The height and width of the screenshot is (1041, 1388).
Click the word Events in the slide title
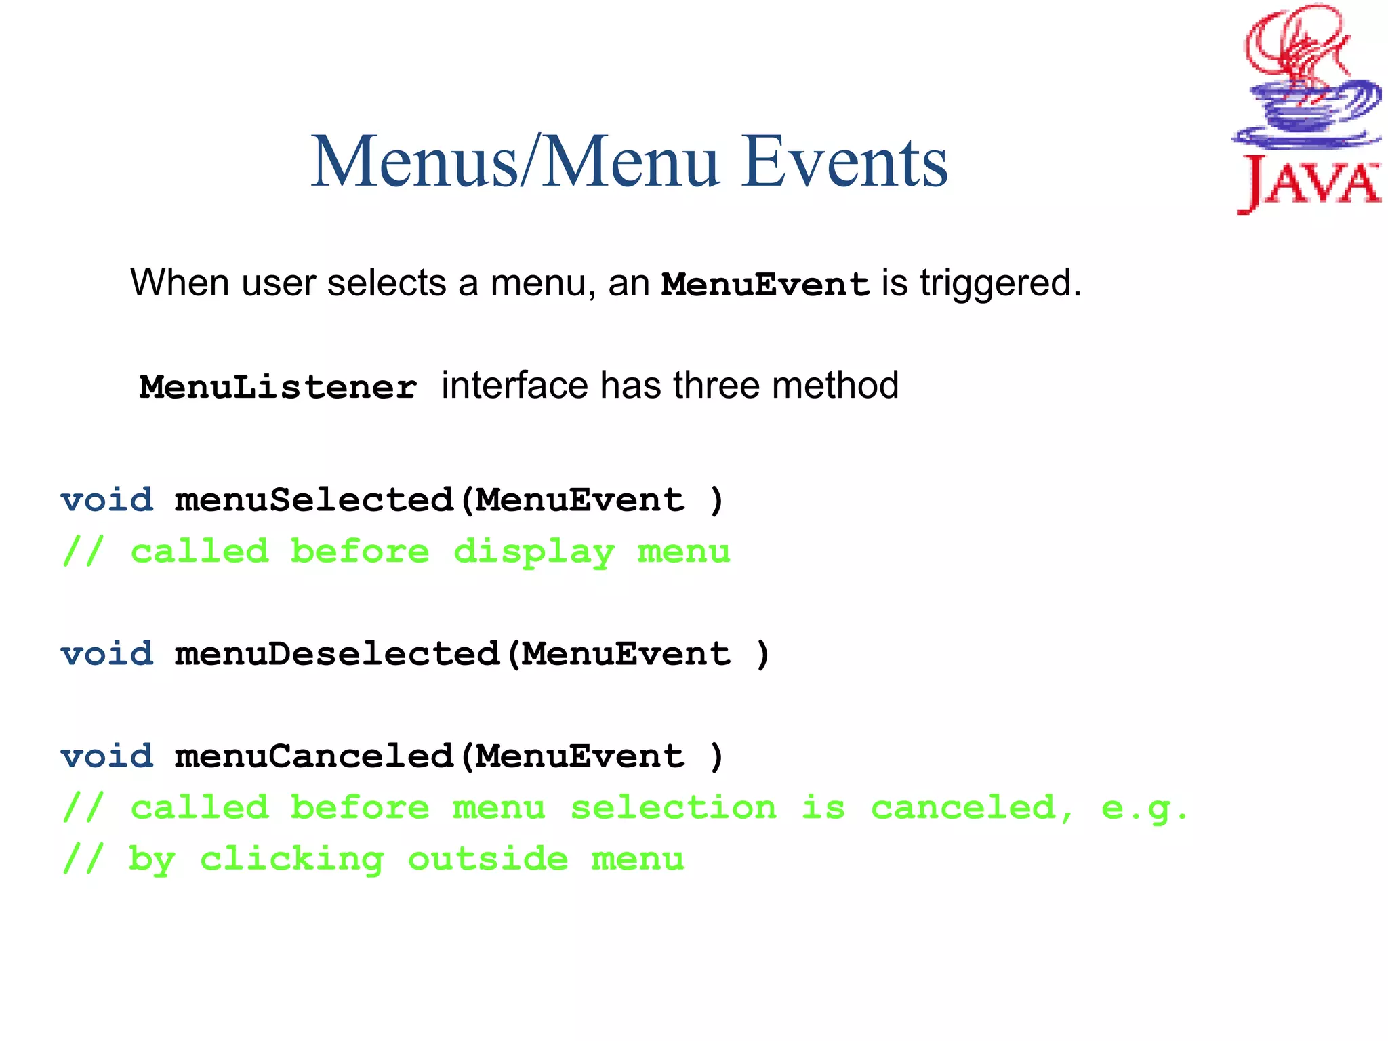[844, 163]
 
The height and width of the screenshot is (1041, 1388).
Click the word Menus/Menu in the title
[515, 163]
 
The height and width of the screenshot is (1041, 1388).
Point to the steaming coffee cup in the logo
[1305, 102]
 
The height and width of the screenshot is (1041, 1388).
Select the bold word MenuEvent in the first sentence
[765, 285]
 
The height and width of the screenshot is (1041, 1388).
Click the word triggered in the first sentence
[1000, 283]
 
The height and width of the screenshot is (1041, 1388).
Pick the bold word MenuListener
[278, 388]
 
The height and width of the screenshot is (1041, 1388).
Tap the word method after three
[835, 386]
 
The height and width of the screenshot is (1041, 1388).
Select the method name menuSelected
[314, 500]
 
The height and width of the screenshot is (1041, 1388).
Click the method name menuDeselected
[337, 654]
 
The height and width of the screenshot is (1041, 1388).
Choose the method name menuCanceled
[314, 756]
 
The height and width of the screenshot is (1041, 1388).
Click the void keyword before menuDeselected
[107, 654]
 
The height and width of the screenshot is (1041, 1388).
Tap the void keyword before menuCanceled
[107, 756]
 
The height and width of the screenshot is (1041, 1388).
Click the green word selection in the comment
[673, 808]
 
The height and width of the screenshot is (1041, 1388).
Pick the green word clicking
[291, 859]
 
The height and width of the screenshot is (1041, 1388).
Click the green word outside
[487, 859]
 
